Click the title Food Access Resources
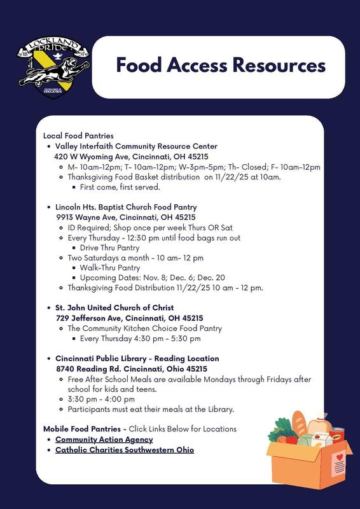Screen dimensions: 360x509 tap(221, 66)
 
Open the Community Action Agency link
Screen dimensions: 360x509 tap(104, 440)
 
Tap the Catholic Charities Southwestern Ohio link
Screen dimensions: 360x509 tap(125, 450)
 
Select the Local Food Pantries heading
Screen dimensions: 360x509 tap(78, 136)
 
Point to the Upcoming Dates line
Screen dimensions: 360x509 tap(152, 277)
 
